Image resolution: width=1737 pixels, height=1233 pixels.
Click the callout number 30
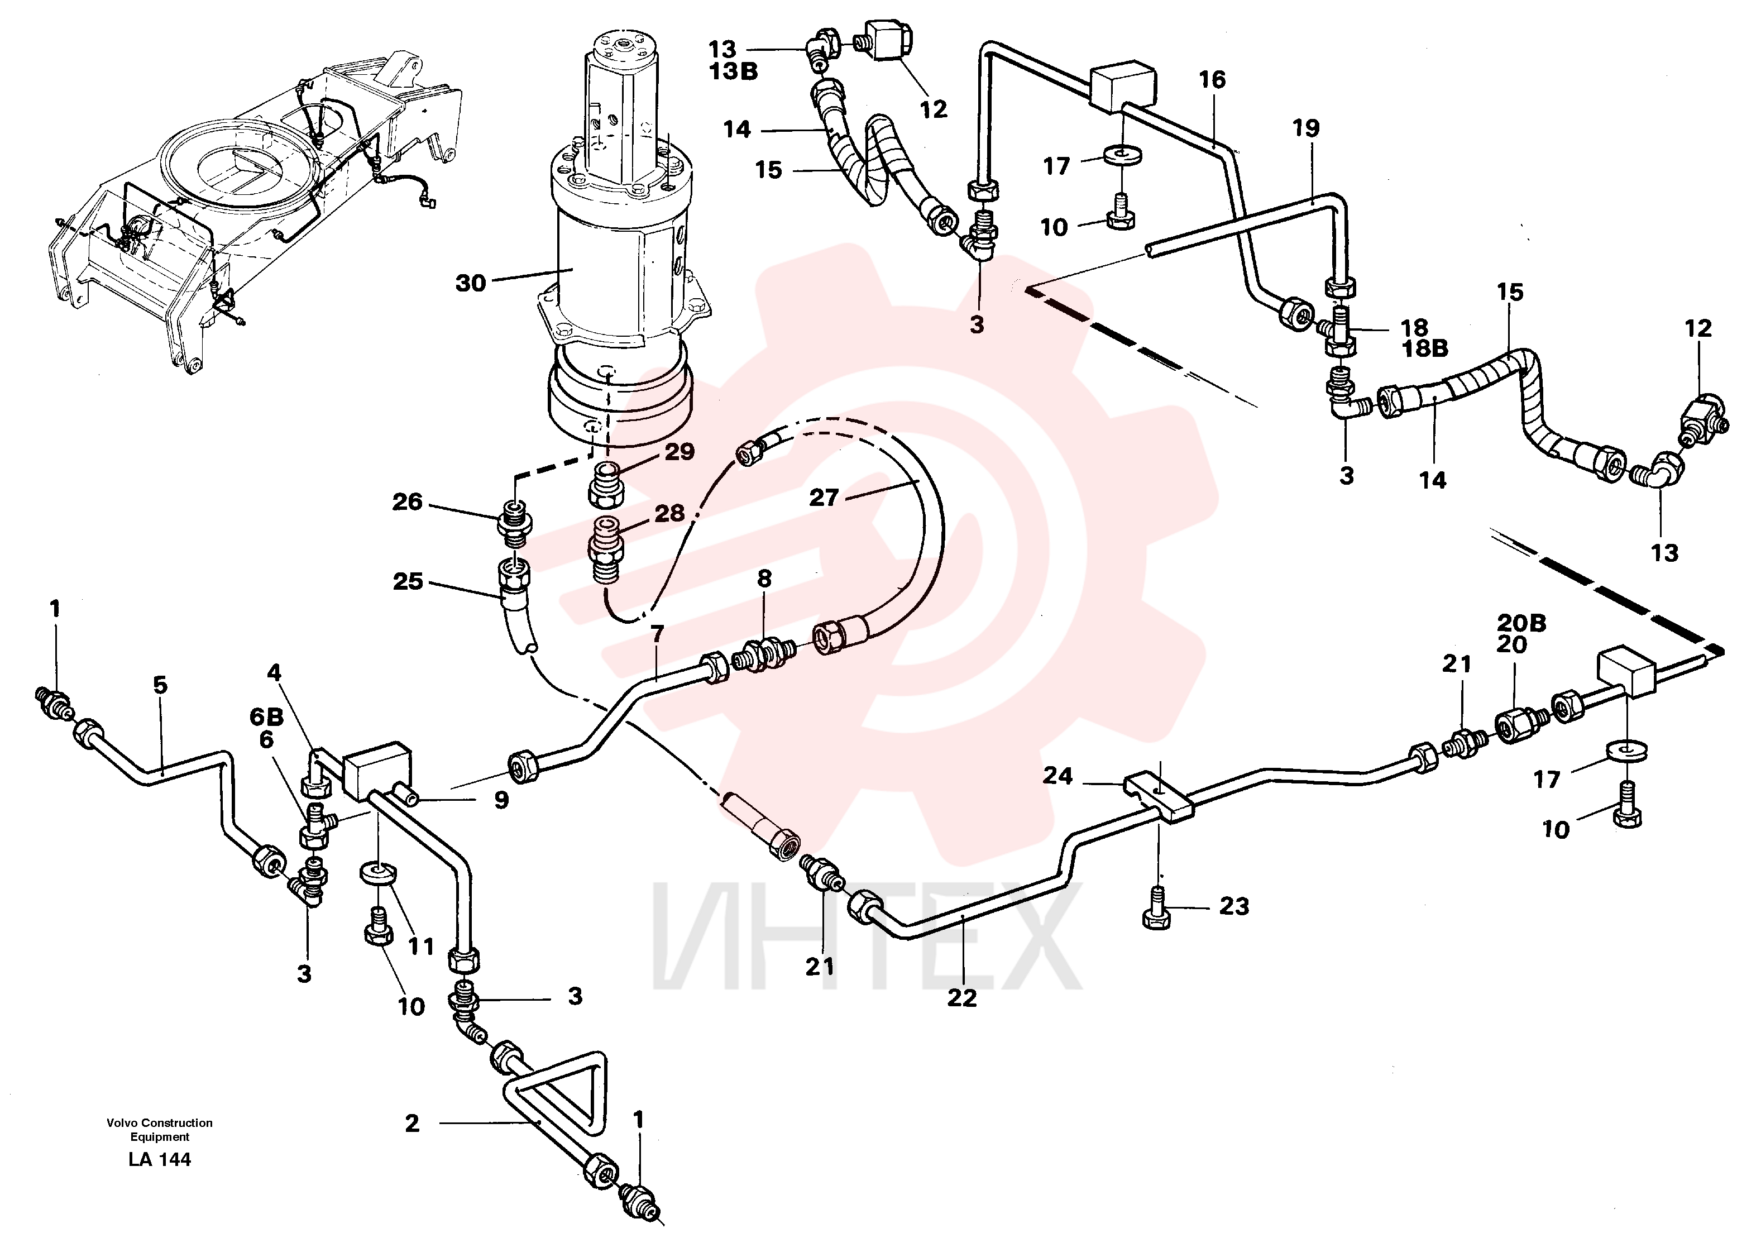pyautogui.click(x=470, y=283)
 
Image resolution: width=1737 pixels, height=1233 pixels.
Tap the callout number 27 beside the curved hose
pyautogui.click(x=824, y=498)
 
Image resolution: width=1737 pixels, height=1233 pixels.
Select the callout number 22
pyautogui.click(x=962, y=998)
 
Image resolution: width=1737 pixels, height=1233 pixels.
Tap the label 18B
pyautogui.click(x=1424, y=348)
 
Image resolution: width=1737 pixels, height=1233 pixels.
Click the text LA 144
pyautogui.click(x=160, y=1159)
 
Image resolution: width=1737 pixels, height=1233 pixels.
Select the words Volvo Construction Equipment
pyautogui.click(x=160, y=1130)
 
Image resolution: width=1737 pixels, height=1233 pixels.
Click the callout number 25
pyautogui.click(x=408, y=581)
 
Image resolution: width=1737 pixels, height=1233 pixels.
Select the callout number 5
pyautogui.click(x=160, y=685)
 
